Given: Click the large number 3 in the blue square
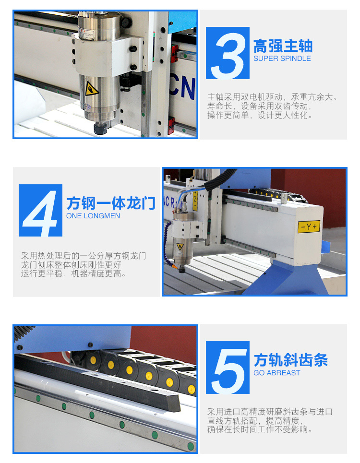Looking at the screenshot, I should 228,53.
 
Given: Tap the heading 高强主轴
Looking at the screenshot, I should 283,46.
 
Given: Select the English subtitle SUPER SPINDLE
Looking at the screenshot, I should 282,59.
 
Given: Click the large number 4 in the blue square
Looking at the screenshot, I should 40,210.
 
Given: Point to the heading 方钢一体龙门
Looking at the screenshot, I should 111,203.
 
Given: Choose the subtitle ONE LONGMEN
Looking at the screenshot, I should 93,216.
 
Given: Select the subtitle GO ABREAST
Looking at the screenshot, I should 277,373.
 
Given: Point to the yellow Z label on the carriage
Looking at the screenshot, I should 195,201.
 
